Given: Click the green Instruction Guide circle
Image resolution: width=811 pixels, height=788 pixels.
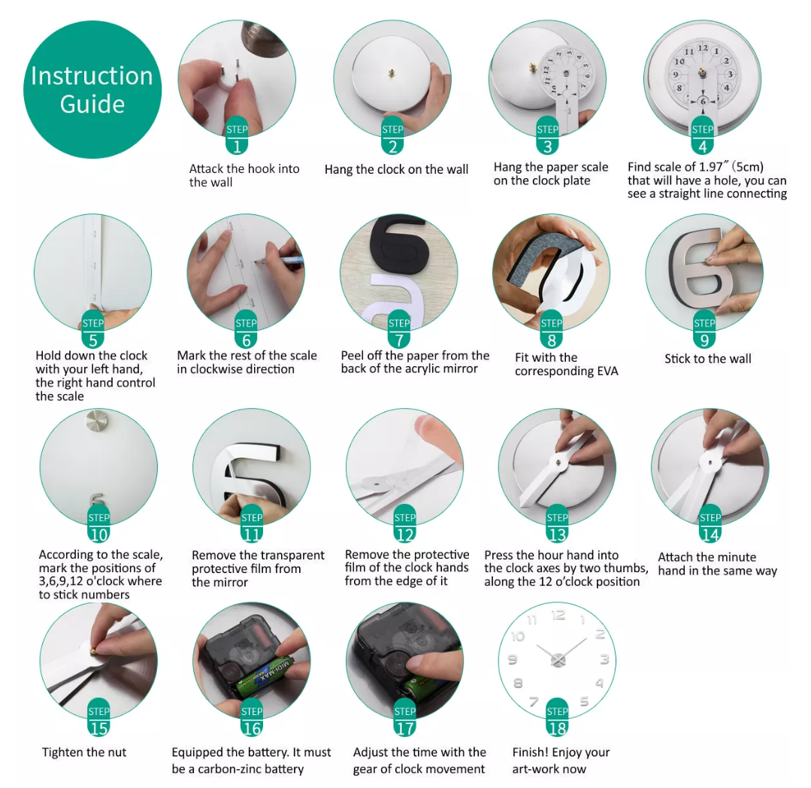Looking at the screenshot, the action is click(92, 89).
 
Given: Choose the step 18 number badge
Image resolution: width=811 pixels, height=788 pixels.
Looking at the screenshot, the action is click(557, 720).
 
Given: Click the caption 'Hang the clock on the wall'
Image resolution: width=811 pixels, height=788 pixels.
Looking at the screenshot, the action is click(396, 169).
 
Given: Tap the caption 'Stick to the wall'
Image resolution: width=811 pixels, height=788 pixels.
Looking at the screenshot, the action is click(707, 359).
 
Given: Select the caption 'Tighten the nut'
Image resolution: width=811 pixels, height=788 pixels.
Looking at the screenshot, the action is click(83, 752).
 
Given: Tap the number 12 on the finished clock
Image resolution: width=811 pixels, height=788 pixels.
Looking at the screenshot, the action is click(558, 615).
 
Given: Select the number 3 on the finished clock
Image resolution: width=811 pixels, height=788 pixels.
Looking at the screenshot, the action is click(604, 659).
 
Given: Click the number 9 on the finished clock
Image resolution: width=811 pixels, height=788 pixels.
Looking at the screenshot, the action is click(513, 659).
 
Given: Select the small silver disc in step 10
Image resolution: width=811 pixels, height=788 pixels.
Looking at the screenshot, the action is click(97, 422).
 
